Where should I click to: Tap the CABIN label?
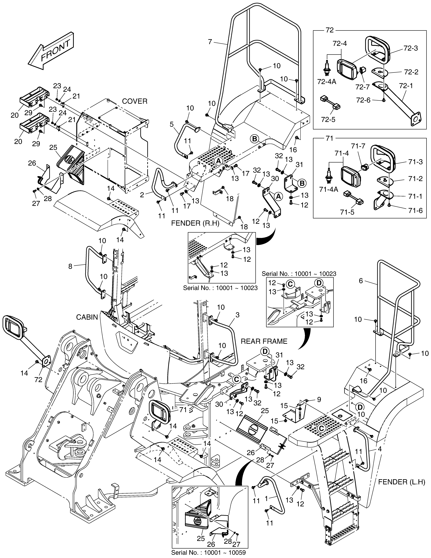pyautogui.click(x=87, y=317)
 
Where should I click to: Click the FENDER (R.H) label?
pyautogui.click(x=195, y=224)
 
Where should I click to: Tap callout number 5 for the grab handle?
pyautogui.click(x=172, y=124)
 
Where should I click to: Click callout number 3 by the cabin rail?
pyautogui.click(x=238, y=315)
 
